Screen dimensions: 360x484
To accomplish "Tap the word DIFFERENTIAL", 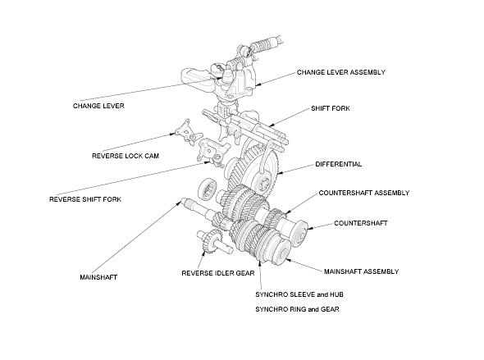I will click(x=338, y=164).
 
